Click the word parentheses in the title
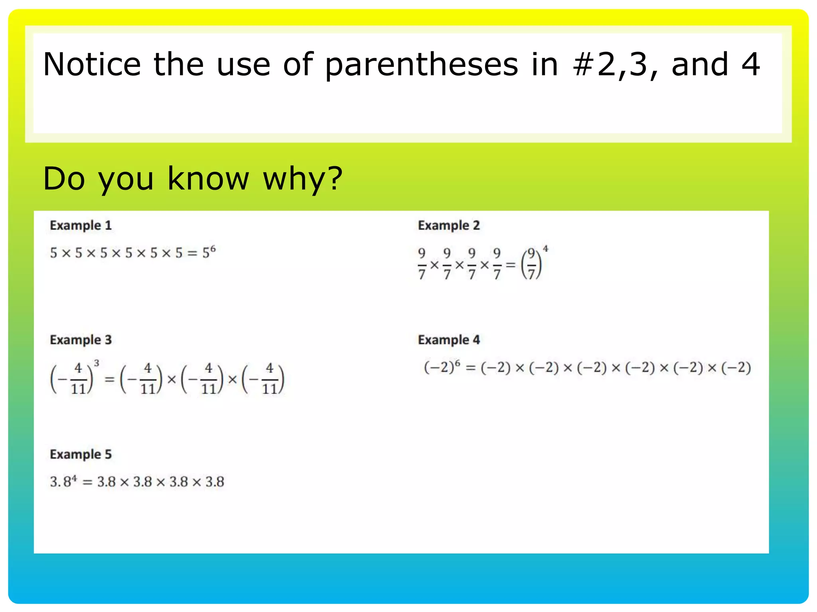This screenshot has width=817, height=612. (x=421, y=65)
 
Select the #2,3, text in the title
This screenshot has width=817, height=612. (x=614, y=65)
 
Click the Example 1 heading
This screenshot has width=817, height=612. (x=81, y=226)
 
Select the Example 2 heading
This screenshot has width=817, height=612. (x=448, y=226)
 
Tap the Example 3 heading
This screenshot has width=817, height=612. (x=81, y=340)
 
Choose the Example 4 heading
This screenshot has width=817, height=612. (x=448, y=340)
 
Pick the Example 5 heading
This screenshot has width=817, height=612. (x=81, y=454)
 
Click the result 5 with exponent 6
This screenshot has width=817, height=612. (x=208, y=252)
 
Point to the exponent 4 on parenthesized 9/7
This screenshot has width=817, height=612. (x=545, y=249)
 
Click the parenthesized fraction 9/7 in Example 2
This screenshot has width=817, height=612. (x=531, y=264)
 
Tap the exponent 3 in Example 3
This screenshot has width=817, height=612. (x=96, y=363)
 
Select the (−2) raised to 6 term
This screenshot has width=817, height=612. (x=442, y=367)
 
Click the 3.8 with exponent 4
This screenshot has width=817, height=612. (x=63, y=482)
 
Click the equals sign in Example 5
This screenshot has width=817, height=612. (x=87, y=483)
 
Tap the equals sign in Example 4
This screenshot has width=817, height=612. (x=471, y=368)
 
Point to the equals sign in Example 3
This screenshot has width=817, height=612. (x=109, y=379)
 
